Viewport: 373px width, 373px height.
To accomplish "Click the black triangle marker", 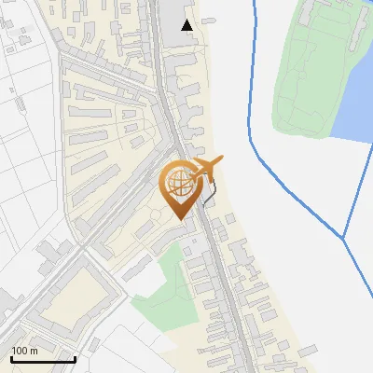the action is pos(187,24).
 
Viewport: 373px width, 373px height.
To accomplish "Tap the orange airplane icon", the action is pos(206,168).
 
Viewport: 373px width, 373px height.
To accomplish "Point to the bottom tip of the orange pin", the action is pos(181,219).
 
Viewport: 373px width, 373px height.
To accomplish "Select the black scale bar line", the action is pos(42,359).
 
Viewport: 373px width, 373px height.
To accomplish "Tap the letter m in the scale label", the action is pos(35,351).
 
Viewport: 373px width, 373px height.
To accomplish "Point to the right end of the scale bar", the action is pos(75,359).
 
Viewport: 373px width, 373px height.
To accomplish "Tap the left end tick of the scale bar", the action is pos(10,357).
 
